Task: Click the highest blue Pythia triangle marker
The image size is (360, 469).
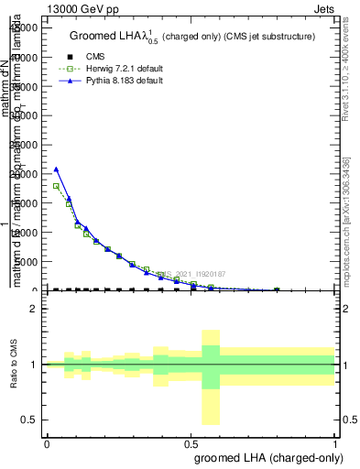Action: (x=56, y=169)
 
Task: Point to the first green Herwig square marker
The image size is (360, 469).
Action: (x=56, y=186)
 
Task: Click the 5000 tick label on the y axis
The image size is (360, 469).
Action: (x=27, y=262)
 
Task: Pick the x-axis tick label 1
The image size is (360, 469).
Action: (x=335, y=442)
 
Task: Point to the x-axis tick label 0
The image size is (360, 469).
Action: (x=47, y=442)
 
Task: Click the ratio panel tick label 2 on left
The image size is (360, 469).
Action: (x=34, y=309)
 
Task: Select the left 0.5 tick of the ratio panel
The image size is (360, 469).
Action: (x=29, y=420)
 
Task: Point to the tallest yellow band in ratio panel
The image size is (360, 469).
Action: (x=211, y=376)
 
